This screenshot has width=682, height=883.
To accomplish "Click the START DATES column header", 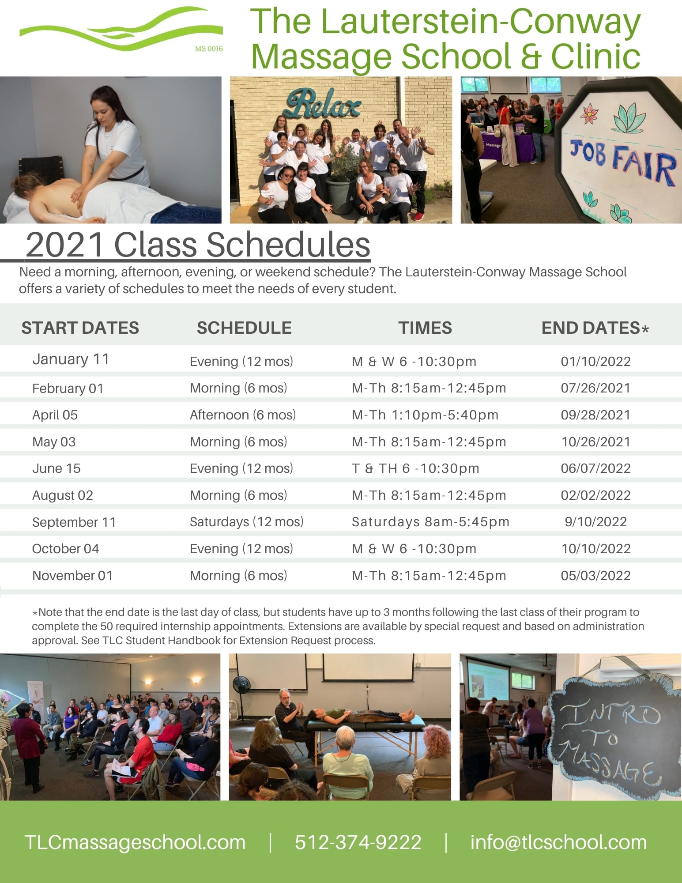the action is click(80, 328).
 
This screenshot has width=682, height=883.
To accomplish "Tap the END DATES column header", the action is click(595, 328).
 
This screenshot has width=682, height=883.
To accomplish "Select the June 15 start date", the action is click(57, 468).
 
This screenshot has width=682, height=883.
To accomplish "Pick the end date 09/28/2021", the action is click(595, 415).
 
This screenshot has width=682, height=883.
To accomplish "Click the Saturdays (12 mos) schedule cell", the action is click(247, 522).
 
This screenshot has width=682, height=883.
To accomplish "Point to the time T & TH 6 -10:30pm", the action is click(415, 468).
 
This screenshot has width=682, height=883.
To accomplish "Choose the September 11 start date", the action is click(74, 522).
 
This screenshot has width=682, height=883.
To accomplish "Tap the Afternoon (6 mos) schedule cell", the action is click(243, 415).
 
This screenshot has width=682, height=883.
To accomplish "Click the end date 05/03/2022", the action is click(595, 576).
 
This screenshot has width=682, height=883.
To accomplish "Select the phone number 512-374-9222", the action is click(358, 842).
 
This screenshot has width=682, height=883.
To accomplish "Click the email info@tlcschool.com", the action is click(558, 842).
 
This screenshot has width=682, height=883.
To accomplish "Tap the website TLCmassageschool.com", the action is click(135, 842).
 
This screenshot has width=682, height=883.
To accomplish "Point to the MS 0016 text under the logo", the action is click(209, 49).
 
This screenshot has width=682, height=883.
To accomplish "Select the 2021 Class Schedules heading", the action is click(198, 245).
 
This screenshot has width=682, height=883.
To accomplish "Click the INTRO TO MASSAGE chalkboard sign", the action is click(614, 733).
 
